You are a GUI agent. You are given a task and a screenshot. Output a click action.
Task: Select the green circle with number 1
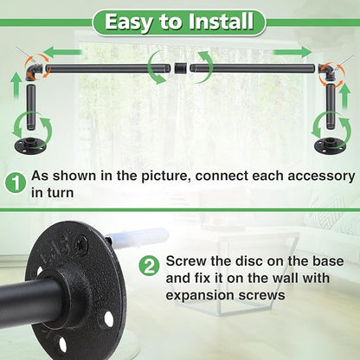click(x=16, y=183)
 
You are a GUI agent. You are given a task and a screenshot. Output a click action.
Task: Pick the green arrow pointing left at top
click(x=64, y=52)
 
